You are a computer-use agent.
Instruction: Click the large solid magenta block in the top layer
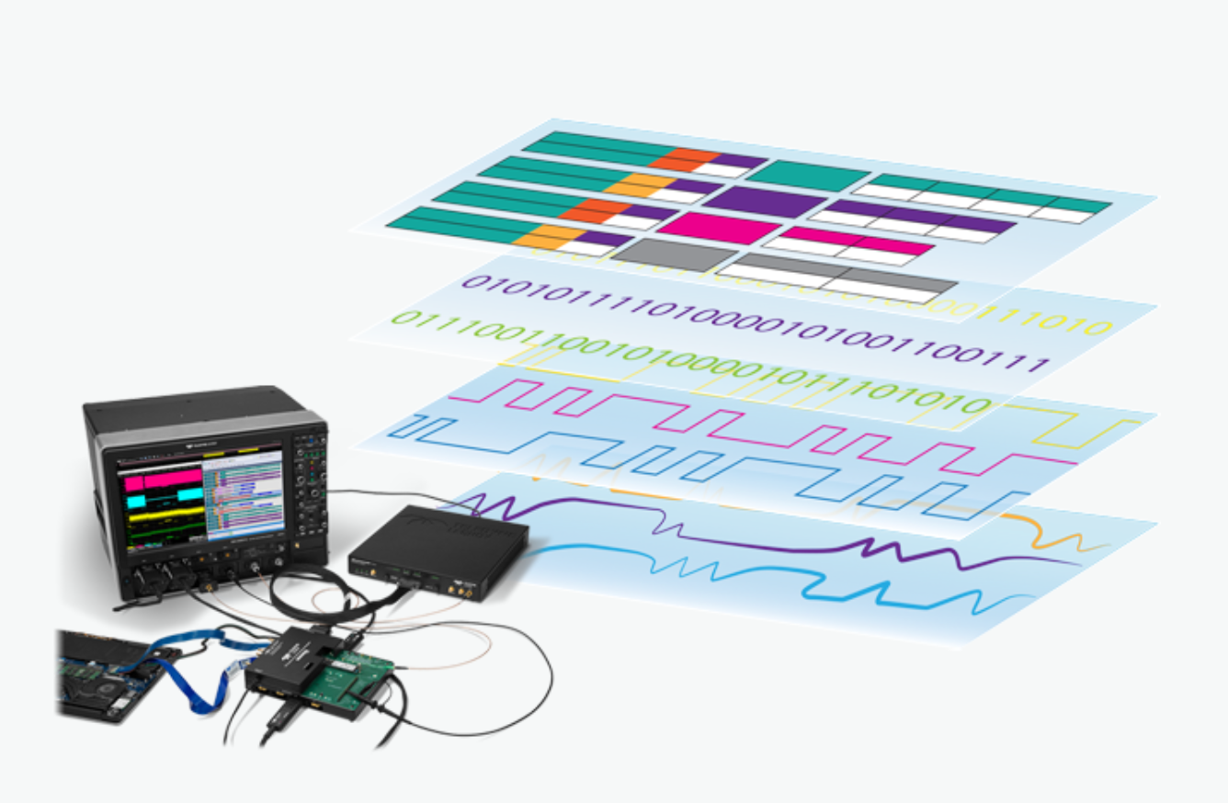pos(720,228)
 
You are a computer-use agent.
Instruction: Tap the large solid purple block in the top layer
pos(765,202)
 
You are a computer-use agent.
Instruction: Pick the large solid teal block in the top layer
pos(810,175)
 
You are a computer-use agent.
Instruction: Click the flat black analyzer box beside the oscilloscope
pos(437,549)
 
